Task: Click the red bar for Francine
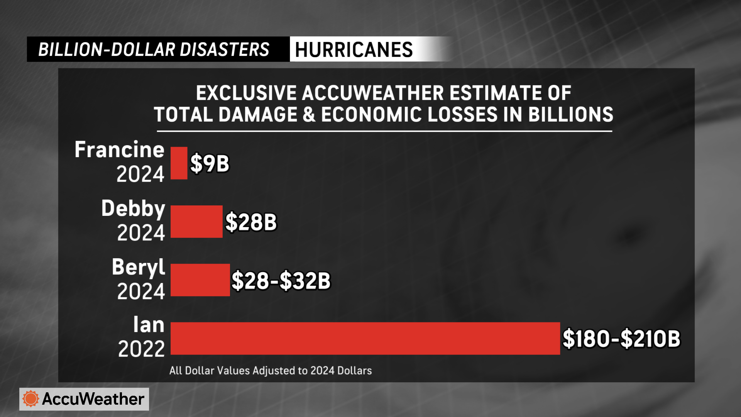coord(179,163)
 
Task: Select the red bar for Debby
coord(196,222)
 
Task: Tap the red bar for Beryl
coord(200,280)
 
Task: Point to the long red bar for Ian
coord(365,338)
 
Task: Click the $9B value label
coord(210,163)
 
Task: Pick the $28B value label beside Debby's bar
coord(251,222)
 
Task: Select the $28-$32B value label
coord(281,281)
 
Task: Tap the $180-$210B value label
coord(621,339)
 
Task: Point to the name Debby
coord(133,209)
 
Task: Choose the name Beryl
coord(138,267)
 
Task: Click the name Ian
coord(149,325)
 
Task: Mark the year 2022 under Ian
coord(141,349)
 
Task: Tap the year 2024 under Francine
coord(140,174)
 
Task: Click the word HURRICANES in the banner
coord(354,50)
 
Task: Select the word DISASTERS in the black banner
coord(224,50)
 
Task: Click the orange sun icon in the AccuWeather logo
coord(31,399)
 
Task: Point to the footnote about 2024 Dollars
coord(270,371)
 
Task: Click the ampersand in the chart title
coord(309,115)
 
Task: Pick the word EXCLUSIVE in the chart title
coord(246,93)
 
